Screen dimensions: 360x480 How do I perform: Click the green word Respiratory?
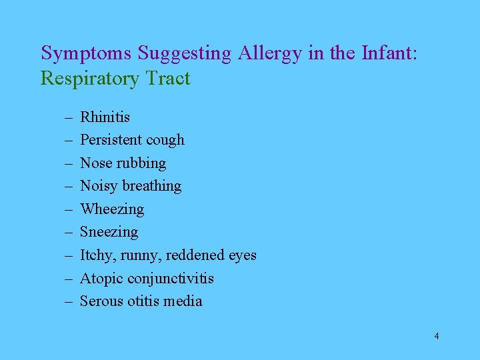pyautogui.click(x=89, y=79)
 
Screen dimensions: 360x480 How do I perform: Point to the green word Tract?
pyautogui.click(x=167, y=79)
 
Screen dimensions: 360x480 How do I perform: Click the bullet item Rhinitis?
pyautogui.click(x=105, y=117)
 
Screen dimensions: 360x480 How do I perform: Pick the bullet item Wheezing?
pyautogui.click(x=111, y=209)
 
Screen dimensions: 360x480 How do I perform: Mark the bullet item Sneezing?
pyautogui.click(x=109, y=232)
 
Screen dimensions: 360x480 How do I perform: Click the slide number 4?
pyautogui.click(x=436, y=336)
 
